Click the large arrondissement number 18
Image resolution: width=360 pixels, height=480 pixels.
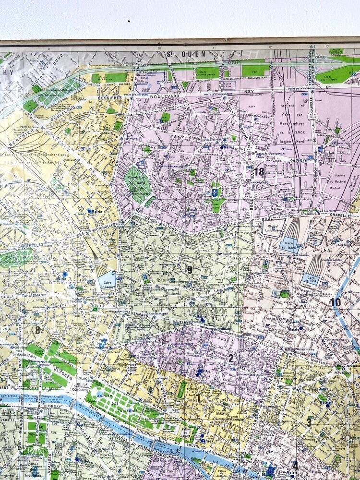pyautogui.click(x=259, y=171)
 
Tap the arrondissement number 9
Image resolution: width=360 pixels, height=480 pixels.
pyautogui.click(x=190, y=270)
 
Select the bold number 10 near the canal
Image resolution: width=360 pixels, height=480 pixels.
pyautogui.click(x=336, y=302)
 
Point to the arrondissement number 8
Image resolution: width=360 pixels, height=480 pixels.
pyautogui.click(x=37, y=330)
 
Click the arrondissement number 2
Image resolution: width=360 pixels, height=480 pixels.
pyautogui.click(x=231, y=358)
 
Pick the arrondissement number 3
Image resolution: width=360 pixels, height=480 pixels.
pyautogui.click(x=309, y=422)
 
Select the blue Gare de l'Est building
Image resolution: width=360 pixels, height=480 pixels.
pyautogui.click(x=311, y=279)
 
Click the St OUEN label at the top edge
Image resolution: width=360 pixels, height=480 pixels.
pyautogui.click(x=179, y=53)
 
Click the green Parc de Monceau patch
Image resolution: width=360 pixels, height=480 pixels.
pyautogui.click(x=14, y=258)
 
